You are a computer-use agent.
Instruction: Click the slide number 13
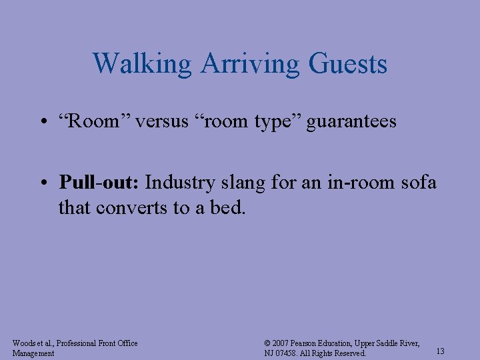[x=440, y=351]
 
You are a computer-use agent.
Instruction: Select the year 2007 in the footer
[x=283, y=343]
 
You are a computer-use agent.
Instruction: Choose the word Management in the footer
[x=33, y=353]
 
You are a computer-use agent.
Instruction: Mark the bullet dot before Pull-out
[x=45, y=183]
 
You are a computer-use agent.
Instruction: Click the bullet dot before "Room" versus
[x=45, y=123]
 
